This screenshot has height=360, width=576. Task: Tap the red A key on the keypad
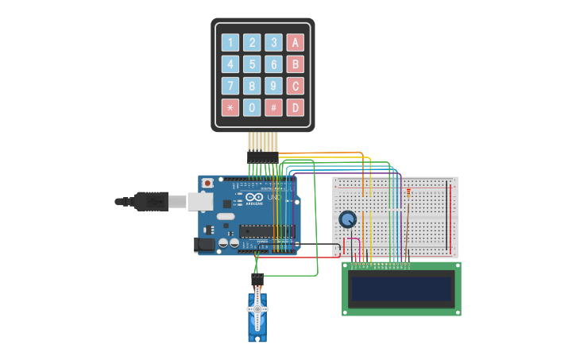pyautogui.click(x=295, y=43)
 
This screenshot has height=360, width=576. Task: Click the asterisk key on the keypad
pyautogui.click(x=230, y=107)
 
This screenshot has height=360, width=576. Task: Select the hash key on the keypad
pyautogui.click(x=273, y=107)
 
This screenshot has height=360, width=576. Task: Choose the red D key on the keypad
pyautogui.click(x=295, y=107)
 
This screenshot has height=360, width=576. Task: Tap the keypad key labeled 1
pyautogui.click(x=230, y=43)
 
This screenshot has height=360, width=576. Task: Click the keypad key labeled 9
pyautogui.click(x=273, y=86)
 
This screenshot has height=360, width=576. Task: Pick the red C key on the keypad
pyautogui.click(x=295, y=86)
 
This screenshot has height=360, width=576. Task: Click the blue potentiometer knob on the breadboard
pyautogui.click(x=347, y=219)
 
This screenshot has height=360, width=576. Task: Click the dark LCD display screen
pyautogui.click(x=401, y=289)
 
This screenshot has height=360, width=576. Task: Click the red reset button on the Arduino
pyautogui.click(x=207, y=183)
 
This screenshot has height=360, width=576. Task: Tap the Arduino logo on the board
pyautogui.click(x=254, y=197)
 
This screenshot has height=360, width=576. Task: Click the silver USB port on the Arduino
pyautogui.click(x=200, y=202)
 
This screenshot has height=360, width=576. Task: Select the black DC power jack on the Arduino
pyautogui.click(x=205, y=246)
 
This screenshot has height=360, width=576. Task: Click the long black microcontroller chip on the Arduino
pyautogui.click(x=266, y=232)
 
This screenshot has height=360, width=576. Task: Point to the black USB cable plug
pyautogui.click(x=151, y=202)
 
